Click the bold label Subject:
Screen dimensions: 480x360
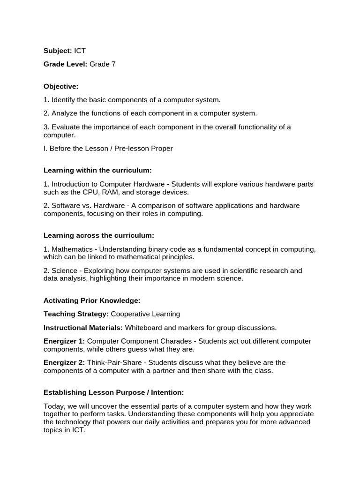coord(58,50)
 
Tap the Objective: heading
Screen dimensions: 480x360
coord(61,86)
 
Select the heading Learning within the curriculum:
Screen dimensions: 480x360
coord(97,170)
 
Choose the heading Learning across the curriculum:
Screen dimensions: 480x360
coord(98,235)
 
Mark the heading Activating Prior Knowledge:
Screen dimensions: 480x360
coord(92,300)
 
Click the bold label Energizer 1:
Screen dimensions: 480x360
coord(64,341)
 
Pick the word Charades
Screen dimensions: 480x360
coord(175,341)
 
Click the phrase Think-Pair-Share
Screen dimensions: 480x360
coord(109,363)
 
